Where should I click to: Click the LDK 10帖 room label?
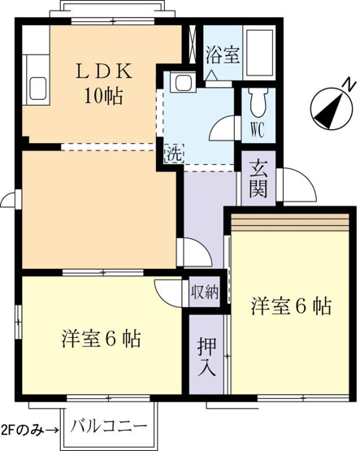104,83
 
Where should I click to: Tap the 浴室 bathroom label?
223,55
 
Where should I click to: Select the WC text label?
258,131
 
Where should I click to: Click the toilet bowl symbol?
258,102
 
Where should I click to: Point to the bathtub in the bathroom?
258,53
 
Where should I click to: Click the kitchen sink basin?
38,89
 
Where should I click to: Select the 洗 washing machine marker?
174,154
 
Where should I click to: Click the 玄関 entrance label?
258,180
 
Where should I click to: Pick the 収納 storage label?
205,293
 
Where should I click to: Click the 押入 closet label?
206,357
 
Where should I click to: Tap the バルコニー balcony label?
109,426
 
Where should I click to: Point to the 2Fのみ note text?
23,430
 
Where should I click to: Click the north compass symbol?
332,108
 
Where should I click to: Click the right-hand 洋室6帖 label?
291,306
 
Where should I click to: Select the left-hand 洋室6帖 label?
101,339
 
